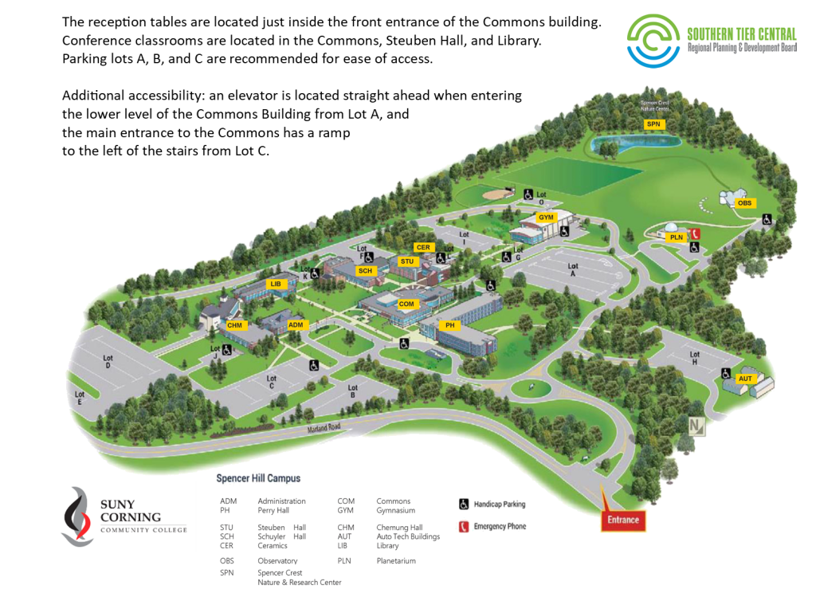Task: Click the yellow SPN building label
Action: click(654, 124)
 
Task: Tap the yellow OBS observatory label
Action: click(744, 203)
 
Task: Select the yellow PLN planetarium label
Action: click(676, 238)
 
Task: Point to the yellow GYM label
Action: click(546, 218)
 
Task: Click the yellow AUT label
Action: click(746, 379)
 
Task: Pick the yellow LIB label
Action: click(276, 285)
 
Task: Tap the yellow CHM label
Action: click(234, 325)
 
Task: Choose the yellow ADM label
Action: click(296, 325)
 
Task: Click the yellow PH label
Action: click(449, 325)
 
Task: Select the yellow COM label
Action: click(406, 304)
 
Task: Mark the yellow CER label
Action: click(423, 248)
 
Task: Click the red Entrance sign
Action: click(623, 520)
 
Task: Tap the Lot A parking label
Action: click(571, 269)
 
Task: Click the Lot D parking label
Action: click(108, 363)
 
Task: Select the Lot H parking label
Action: click(694, 358)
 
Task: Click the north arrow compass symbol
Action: click(698, 426)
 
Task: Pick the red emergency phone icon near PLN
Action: click(695, 233)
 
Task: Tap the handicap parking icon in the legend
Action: click(463, 504)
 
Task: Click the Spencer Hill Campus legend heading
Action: click(258, 478)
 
